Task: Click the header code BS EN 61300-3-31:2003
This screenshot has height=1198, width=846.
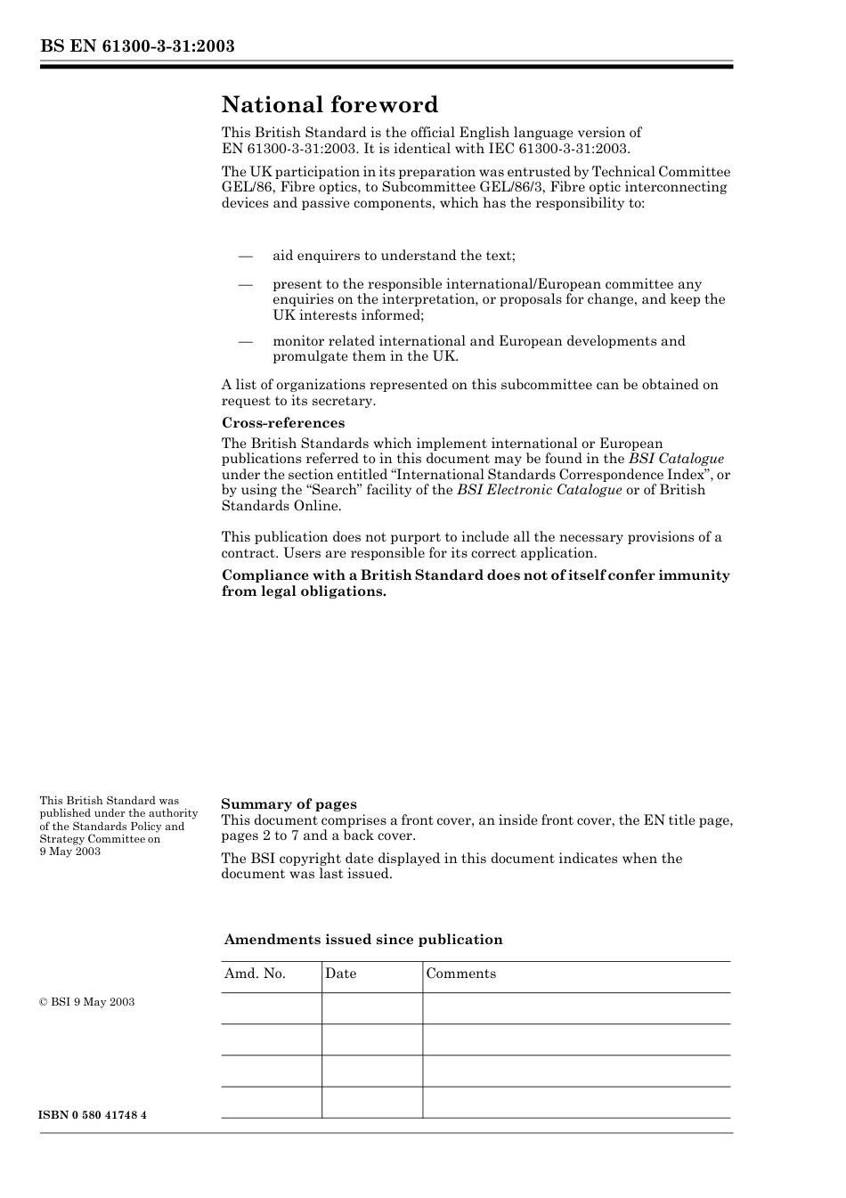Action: [x=137, y=45]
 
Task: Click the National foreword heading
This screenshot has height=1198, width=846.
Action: [x=329, y=105]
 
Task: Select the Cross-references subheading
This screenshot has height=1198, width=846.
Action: [x=283, y=423]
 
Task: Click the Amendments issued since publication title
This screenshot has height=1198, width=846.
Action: [x=363, y=940]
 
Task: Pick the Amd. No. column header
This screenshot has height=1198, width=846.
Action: [x=255, y=974]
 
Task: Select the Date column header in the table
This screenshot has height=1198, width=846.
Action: [x=340, y=974]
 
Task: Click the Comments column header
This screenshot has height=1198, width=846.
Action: [x=460, y=974]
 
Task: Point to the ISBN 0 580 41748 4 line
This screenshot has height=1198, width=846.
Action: [x=93, y=1115]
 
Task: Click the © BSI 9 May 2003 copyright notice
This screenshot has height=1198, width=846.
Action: [x=87, y=1002]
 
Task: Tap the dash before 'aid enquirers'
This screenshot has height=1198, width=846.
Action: [x=247, y=257]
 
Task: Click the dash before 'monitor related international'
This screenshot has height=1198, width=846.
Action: [x=247, y=342]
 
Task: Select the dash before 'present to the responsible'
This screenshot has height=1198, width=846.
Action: [x=247, y=285]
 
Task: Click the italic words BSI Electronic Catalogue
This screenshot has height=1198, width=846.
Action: [x=540, y=490]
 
